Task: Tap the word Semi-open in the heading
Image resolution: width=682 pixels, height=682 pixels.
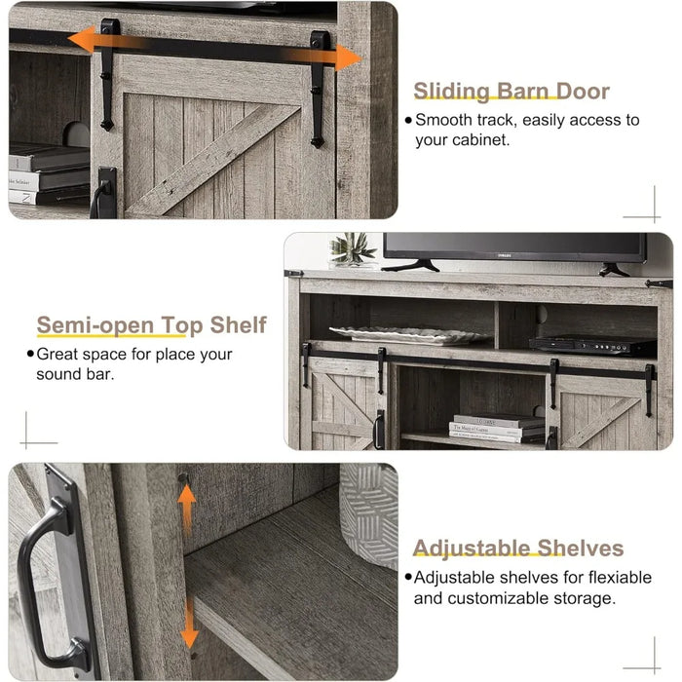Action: [x=95, y=325]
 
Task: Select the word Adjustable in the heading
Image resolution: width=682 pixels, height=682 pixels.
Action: [x=472, y=548]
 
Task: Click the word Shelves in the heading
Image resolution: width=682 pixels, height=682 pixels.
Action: [x=581, y=548]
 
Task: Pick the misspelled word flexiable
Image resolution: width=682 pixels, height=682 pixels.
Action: [x=621, y=578]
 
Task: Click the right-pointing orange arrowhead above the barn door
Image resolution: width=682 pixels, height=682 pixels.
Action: [x=348, y=57]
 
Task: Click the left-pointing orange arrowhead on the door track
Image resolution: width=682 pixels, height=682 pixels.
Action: [x=82, y=39]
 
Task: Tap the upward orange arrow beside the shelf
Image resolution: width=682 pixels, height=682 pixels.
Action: [x=187, y=508]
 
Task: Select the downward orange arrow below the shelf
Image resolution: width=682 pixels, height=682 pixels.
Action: [x=190, y=625]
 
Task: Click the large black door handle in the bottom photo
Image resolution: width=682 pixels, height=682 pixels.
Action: [x=48, y=580]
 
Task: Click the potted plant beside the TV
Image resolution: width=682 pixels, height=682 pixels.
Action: [x=352, y=250]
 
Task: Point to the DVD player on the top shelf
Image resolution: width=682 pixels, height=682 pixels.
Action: [x=592, y=345]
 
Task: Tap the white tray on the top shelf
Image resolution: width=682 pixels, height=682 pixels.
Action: [x=408, y=335]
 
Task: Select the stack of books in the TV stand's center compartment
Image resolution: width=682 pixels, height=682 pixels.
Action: [x=497, y=429]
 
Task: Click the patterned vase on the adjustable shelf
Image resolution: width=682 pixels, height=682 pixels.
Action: [x=369, y=514]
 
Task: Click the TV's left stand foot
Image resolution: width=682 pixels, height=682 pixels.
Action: [x=410, y=265]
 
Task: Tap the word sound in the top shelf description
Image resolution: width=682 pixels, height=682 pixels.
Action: [x=58, y=374]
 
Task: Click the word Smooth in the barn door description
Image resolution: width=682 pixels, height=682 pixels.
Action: [x=443, y=120]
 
